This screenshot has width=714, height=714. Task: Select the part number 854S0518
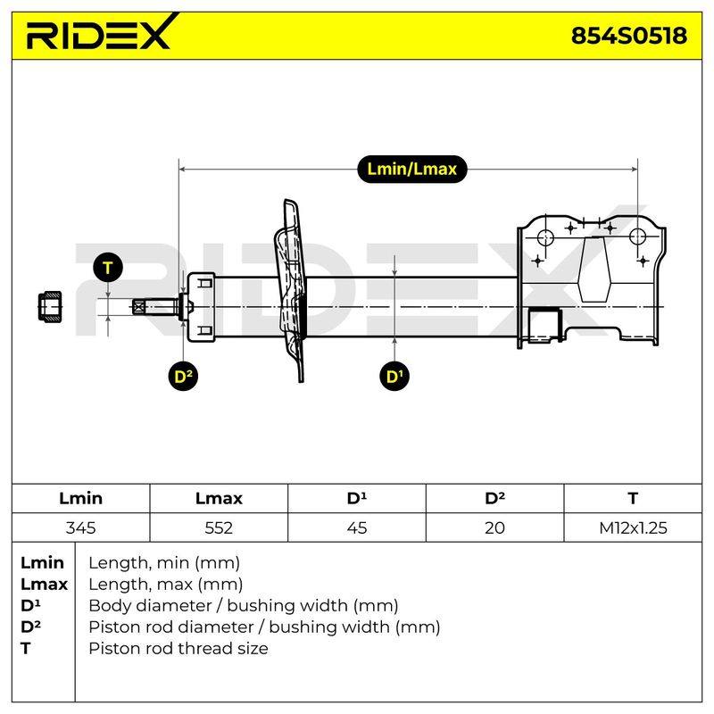point(629,36)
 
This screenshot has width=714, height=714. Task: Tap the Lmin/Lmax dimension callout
point(412,169)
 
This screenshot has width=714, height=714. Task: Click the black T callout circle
point(108,268)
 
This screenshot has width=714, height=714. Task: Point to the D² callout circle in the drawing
point(183,376)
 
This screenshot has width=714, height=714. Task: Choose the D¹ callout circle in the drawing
point(394,376)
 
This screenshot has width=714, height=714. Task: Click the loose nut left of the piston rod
point(50,307)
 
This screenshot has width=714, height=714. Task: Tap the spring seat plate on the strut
point(291,290)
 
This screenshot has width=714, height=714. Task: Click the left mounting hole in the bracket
point(545,237)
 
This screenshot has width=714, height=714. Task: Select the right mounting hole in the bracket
point(637,236)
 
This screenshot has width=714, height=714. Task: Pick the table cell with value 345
point(80,527)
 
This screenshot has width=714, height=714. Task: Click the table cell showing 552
point(219,527)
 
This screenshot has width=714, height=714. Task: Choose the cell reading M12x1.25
point(633,527)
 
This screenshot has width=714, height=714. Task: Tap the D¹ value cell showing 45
point(356,527)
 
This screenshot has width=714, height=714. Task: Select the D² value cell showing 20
point(495,527)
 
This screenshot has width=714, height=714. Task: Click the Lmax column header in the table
point(219,499)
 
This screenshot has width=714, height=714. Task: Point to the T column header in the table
point(633,499)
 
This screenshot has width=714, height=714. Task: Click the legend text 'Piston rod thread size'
point(178,648)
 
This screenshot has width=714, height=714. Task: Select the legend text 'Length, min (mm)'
point(164,563)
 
